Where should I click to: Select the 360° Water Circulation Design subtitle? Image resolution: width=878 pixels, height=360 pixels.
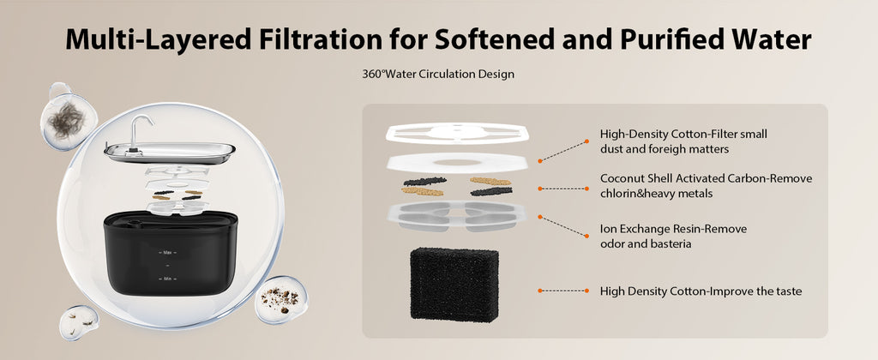tap(438, 74)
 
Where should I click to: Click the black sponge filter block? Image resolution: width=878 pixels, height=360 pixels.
tap(454, 285)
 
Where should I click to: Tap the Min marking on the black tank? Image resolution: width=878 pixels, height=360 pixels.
tap(167, 279)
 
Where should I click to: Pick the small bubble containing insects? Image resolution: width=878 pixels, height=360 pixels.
tap(79, 322)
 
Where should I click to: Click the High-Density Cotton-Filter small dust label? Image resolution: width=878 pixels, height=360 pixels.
tap(683, 141)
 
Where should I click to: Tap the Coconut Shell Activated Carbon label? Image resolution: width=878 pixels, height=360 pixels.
tap(707, 185)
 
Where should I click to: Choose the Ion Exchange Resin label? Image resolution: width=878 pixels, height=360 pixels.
tap(673, 237)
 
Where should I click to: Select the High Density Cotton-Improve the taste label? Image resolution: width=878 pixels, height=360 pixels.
tap(701, 291)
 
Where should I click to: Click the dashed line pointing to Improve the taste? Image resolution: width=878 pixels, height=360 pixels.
tap(563, 291)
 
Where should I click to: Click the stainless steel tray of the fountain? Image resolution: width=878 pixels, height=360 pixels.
tap(170, 153)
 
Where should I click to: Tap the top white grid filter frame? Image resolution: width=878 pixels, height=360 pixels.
tap(457, 133)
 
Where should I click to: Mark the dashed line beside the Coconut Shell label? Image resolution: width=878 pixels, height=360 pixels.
tap(563, 189)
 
